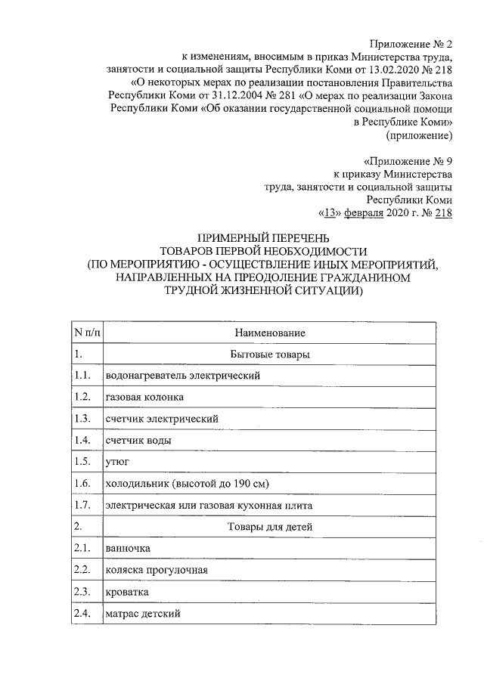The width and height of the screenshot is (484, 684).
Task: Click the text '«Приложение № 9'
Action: [x=408, y=161]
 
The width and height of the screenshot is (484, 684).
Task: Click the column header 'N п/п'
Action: [x=85, y=333]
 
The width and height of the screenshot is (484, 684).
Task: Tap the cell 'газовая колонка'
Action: [x=144, y=397]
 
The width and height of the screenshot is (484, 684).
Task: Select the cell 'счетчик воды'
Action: [x=138, y=439]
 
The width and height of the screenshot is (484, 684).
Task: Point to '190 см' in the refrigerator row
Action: [x=250, y=482]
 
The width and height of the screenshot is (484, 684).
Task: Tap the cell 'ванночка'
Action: [x=128, y=547]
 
